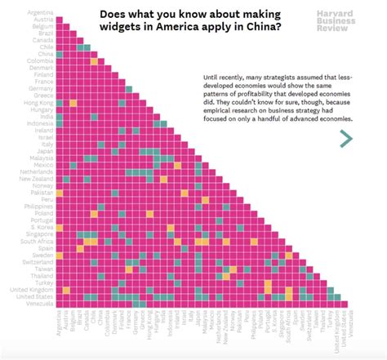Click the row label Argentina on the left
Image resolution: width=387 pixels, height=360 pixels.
(40, 13)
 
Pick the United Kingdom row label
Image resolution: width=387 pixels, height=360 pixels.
(33, 289)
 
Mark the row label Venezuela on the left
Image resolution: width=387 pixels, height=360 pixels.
(39, 304)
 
